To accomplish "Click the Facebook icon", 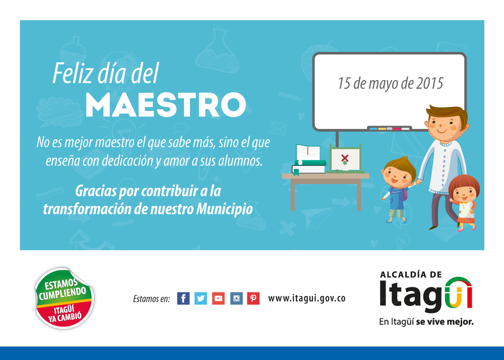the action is click(x=183, y=298).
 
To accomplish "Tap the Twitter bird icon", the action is click(x=201, y=298).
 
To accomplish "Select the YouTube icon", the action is click(x=218, y=298).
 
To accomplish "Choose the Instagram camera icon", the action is click(x=236, y=298).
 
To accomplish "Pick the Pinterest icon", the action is click(x=254, y=298).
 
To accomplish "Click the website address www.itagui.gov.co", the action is click(x=306, y=298).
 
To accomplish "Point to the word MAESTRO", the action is click(x=165, y=105).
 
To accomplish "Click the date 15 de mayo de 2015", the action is click(x=390, y=83).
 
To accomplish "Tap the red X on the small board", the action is click(x=345, y=157).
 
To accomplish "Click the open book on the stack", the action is click(x=308, y=152).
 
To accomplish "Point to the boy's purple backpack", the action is click(x=405, y=194).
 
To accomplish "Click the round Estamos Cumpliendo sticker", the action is click(x=65, y=298).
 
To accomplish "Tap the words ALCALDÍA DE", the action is click(x=411, y=274).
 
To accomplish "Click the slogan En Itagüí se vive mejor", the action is click(x=426, y=322).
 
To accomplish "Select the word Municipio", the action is click(x=224, y=209).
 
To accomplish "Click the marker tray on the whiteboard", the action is click(x=389, y=128).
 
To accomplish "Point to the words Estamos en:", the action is click(x=151, y=299).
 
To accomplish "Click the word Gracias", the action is click(x=96, y=191).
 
